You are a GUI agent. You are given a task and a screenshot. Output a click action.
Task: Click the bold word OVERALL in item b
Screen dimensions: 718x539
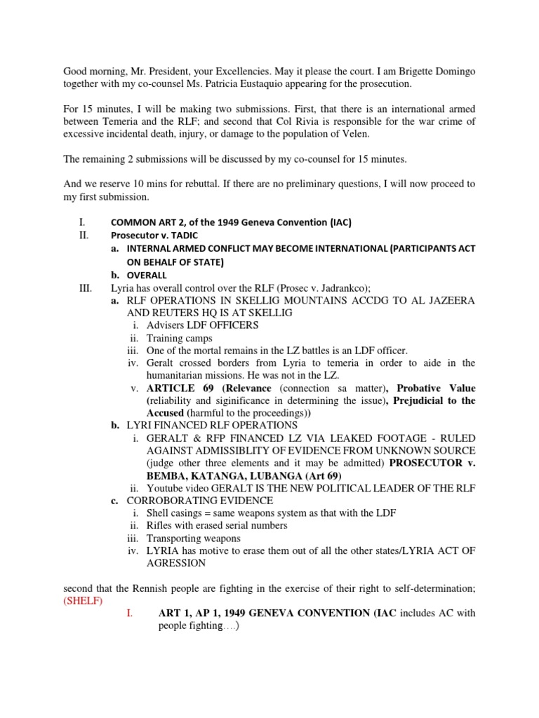(x=147, y=274)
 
